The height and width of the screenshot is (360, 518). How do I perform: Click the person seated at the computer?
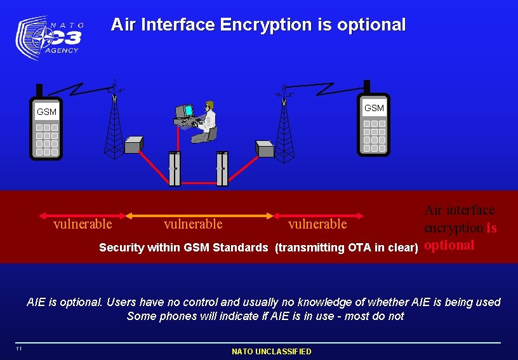click(x=207, y=121)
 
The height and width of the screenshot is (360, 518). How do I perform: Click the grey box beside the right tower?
click(x=265, y=149)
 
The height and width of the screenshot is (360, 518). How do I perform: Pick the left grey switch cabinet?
click(x=175, y=169)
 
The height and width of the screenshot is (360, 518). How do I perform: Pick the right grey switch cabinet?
click(x=222, y=169)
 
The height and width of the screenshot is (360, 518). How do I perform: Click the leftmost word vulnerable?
click(x=83, y=223)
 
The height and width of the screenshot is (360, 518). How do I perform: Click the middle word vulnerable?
click(x=193, y=223)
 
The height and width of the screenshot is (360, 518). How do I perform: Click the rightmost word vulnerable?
click(x=317, y=223)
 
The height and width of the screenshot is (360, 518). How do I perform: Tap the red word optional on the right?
click(x=449, y=245)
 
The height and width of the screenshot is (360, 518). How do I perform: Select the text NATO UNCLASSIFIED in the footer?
click(x=272, y=351)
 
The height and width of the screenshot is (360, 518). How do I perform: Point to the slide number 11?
click(x=20, y=349)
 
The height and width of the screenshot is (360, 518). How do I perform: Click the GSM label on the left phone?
click(x=46, y=112)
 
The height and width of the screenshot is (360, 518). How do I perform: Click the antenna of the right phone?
click(x=367, y=87)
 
